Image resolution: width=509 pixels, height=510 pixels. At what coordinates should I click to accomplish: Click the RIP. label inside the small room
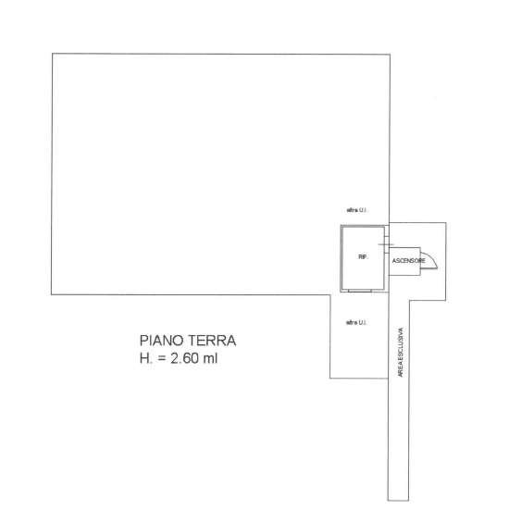point(364,257)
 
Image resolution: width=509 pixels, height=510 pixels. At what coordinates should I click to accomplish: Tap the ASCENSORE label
point(408,261)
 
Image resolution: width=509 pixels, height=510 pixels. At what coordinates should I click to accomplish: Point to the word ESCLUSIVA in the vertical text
point(401,343)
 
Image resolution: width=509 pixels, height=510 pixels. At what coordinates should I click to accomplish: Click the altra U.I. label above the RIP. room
point(357,210)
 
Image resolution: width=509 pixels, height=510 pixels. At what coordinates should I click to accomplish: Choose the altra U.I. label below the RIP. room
point(356,323)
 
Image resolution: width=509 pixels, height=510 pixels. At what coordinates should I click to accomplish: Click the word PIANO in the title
point(162,341)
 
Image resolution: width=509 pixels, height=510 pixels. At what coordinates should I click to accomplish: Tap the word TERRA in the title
point(212,341)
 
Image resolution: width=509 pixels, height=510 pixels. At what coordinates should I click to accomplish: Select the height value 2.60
point(185,358)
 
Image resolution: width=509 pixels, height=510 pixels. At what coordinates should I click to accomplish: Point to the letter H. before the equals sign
point(146,358)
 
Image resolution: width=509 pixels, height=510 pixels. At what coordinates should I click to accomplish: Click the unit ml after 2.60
point(210,358)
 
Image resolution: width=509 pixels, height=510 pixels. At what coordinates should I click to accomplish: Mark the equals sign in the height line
point(162,359)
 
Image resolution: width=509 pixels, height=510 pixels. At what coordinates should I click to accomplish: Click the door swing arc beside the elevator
point(432,257)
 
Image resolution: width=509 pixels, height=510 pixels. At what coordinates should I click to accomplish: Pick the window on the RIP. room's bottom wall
point(360,291)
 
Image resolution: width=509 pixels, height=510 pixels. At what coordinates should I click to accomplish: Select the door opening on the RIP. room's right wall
point(387,244)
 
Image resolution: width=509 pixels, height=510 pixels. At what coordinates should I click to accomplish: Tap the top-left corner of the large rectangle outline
point(53,54)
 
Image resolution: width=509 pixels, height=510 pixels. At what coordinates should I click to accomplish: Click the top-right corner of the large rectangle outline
point(390,55)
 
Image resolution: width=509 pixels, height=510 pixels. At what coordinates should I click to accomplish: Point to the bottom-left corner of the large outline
point(52,294)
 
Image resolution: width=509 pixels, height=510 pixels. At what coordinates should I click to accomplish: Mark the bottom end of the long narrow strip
point(398,500)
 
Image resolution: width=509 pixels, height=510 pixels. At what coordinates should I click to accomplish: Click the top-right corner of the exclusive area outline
point(446,223)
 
